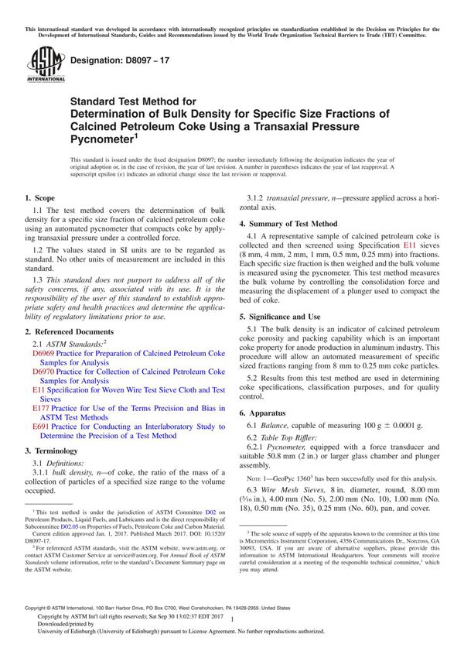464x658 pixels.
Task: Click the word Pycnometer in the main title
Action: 101,139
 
